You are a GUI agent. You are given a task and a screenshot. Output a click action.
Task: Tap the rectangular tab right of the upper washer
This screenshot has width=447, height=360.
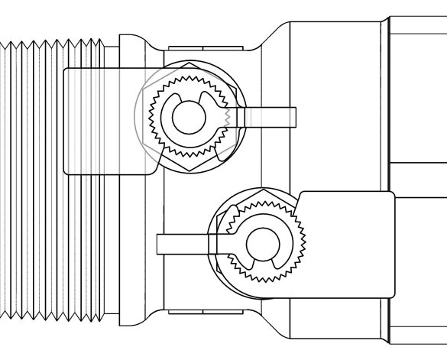pyautogui.click(x=267, y=117)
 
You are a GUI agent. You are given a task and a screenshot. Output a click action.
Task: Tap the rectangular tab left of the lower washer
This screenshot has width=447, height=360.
pyautogui.click(x=182, y=243)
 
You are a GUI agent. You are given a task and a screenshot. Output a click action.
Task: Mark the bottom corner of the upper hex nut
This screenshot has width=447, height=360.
pyautogui.click(x=187, y=172)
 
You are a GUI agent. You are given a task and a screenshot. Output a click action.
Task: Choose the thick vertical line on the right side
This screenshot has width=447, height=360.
pyautogui.click(x=387, y=180)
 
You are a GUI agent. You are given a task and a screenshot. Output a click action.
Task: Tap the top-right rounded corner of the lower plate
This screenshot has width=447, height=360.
pyautogui.click(x=391, y=196)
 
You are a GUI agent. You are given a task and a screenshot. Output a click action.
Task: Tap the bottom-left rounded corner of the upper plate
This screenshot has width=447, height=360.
pyautogui.click(x=67, y=170)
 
